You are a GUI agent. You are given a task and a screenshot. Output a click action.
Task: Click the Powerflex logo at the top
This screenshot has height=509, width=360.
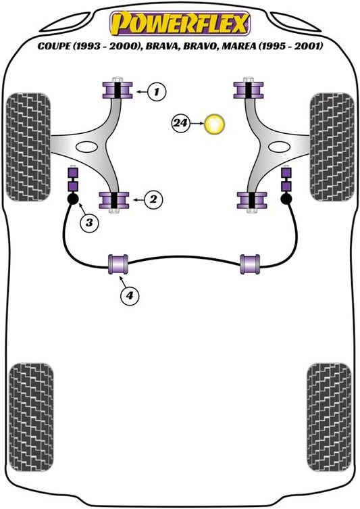[180, 23]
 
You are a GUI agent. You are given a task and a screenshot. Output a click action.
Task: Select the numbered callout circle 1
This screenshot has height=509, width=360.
[157, 92]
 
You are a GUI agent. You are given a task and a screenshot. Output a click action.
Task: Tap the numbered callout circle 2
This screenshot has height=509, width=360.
[153, 199]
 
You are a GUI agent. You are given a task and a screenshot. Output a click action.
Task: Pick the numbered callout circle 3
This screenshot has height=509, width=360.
[89, 222]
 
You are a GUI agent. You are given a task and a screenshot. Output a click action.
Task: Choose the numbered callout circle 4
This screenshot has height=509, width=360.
[130, 295]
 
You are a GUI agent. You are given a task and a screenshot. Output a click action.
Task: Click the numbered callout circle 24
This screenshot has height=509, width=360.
[180, 123]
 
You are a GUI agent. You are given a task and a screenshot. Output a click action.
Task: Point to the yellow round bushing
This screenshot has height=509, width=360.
[214, 124]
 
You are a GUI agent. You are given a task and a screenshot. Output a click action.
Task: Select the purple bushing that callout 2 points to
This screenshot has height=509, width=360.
[114, 200]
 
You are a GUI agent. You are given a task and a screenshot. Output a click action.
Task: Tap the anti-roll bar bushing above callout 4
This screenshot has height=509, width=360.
[118, 264]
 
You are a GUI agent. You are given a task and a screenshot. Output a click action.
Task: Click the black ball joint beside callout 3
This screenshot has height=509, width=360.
[73, 199]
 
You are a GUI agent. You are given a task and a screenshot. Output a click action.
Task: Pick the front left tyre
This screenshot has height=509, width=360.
[28, 147]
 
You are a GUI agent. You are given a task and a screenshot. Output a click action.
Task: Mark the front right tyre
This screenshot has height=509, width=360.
[332, 147]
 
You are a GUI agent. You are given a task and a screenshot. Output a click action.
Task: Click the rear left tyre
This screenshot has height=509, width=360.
[31, 418]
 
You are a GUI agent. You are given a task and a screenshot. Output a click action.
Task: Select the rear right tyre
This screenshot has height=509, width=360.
[328, 418]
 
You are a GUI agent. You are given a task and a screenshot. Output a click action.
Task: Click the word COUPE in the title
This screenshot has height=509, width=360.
[54, 46]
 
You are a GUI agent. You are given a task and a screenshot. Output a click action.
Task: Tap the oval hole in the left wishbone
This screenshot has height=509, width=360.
[87, 147]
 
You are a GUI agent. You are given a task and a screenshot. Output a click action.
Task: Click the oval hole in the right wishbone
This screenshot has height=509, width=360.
[279, 147]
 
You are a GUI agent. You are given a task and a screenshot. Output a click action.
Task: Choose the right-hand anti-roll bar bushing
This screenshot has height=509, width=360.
[250, 264]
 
